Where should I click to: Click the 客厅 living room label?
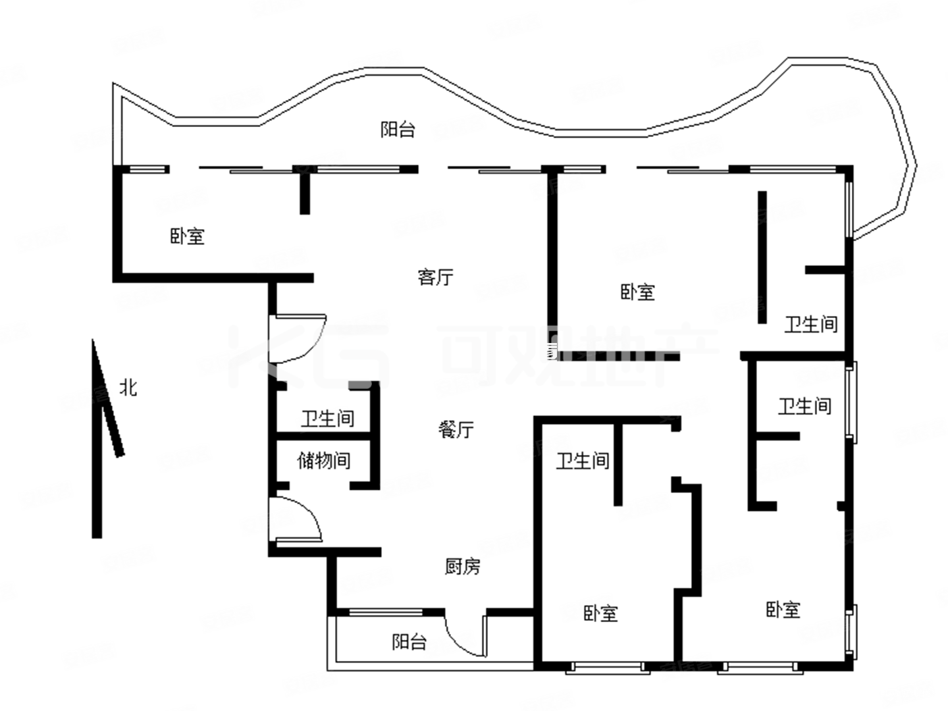(435, 276)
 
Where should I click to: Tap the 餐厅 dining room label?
(456, 429)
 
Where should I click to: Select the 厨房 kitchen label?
(462, 566)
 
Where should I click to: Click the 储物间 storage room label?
(323, 460)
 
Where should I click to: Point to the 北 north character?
(128, 388)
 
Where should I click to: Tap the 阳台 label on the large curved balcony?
(398, 129)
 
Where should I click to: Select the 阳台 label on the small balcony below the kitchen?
(409, 641)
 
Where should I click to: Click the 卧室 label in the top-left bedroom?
(188, 236)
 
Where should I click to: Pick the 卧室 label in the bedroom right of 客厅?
(637, 292)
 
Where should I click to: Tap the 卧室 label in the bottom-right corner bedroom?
(783, 610)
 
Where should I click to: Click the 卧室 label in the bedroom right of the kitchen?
(600, 614)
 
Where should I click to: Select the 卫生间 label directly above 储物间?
(327, 418)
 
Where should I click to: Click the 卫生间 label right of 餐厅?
(582, 460)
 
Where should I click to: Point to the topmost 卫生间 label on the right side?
(810, 324)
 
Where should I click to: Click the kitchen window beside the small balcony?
(385, 612)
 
